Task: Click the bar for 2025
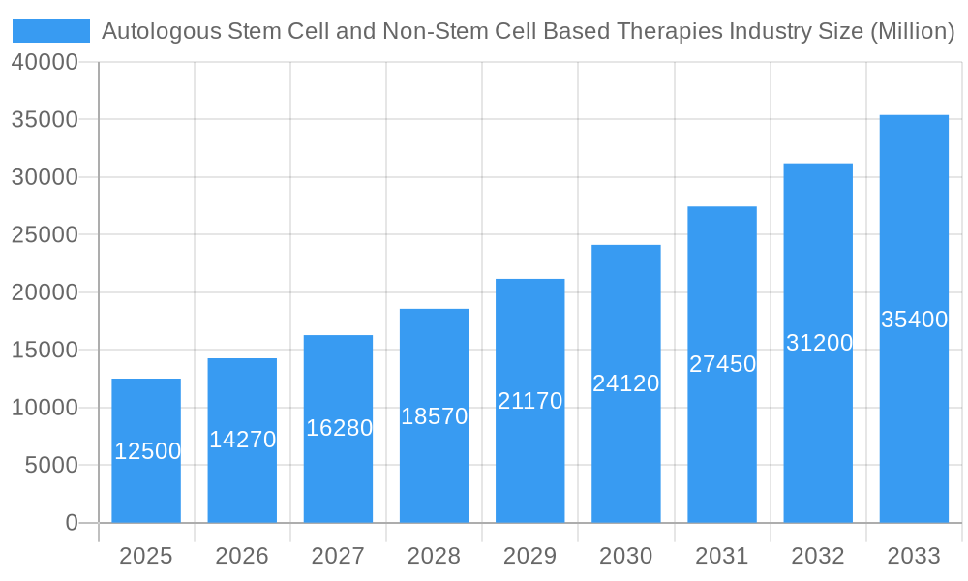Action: [146, 450]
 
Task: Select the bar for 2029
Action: [529, 401]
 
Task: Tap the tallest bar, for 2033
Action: [914, 319]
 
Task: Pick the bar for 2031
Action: [722, 364]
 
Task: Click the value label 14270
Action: [242, 440]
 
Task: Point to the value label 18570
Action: [434, 416]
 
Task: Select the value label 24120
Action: [625, 383]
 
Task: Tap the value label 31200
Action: [818, 343]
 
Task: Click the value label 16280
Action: [339, 428]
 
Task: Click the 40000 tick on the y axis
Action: [45, 62]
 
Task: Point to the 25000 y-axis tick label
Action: [45, 235]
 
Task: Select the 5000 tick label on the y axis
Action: [50, 466]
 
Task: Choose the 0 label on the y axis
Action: [72, 523]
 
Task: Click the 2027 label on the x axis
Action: [338, 556]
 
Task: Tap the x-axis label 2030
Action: [625, 556]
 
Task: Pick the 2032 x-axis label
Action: [818, 556]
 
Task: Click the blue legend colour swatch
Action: [51, 31]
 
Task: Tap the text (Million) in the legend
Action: [913, 31]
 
